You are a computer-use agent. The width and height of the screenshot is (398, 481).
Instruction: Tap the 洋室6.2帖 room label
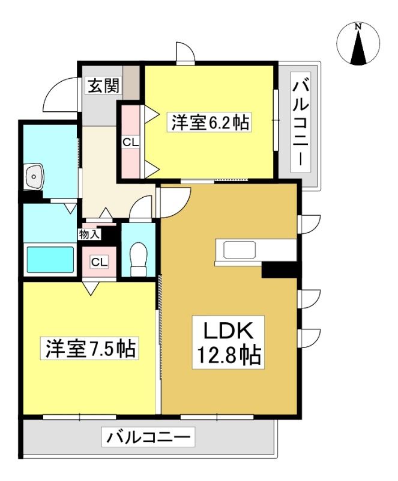pyautogui.click(x=210, y=122)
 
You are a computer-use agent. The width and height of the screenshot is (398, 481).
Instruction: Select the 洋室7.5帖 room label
pyautogui.click(x=90, y=348)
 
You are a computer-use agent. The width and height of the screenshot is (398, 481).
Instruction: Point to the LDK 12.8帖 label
pyautogui.click(x=228, y=342)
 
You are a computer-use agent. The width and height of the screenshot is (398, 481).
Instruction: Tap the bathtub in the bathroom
pyautogui.click(x=51, y=260)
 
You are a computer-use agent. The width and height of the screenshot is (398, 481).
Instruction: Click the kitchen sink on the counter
pyautogui.click(x=240, y=250)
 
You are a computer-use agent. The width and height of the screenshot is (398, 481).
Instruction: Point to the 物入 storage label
pyautogui.click(x=89, y=234)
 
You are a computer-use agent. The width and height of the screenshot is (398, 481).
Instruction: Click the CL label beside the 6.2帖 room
pyautogui.click(x=131, y=142)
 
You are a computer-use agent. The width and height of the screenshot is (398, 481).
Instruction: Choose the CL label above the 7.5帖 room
pyautogui.click(x=100, y=262)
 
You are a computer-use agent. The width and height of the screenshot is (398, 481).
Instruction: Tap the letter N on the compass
pyautogui.click(x=358, y=27)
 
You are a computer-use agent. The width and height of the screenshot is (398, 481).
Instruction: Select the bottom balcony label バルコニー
pyautogui.click(x=148, y=437)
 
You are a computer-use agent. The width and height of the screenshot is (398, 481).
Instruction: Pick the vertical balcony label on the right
pyautogui.click(x=301, y=123)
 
